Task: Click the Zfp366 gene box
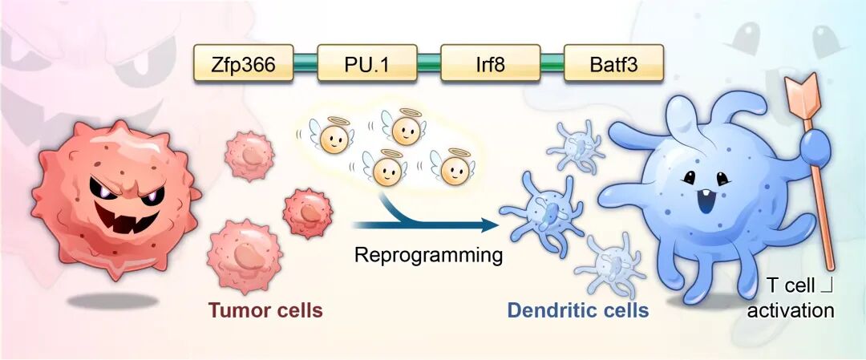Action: tap(243, 63)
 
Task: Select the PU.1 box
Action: tap(366, 63)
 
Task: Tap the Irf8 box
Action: tap(490, 63)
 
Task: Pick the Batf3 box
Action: tap(613, 63)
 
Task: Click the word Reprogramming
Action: tap(428, 256)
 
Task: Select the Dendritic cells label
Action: tap(577, 310)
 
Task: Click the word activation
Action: tap(791, 310)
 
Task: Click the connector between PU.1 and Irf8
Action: tap(428, 63)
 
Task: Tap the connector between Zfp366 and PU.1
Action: tap(305, 63)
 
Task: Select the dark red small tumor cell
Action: tap(308, 214)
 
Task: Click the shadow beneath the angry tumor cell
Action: tap(113, 301)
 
